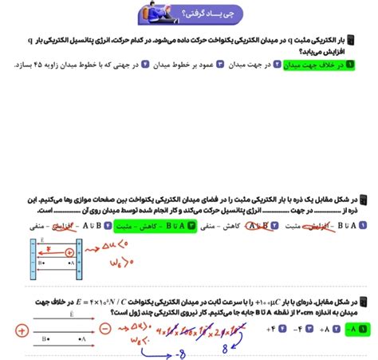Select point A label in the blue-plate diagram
tap(70, 261)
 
